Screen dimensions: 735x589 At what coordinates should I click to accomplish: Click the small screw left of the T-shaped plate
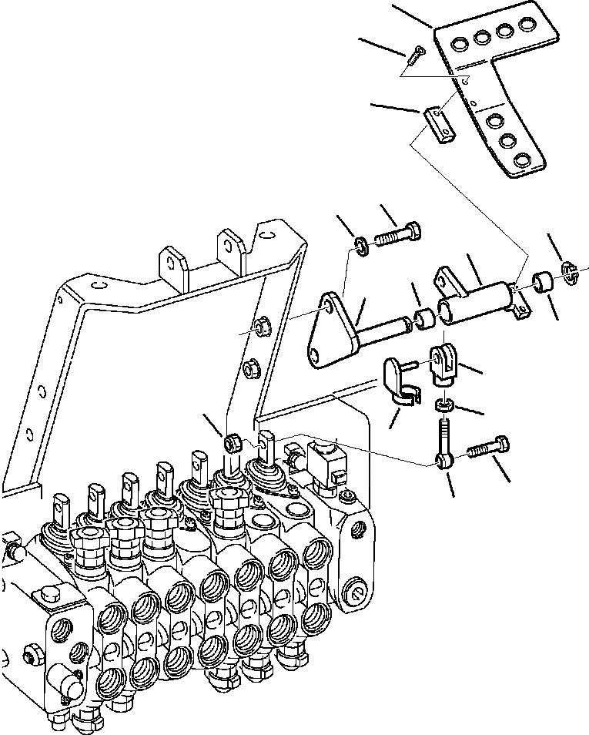pos(417,52)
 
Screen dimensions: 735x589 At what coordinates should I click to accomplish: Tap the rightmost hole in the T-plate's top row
pos(527,25)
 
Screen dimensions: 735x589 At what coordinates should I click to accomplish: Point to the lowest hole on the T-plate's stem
pos(523,159)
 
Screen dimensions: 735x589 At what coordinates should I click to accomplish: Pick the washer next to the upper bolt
pos(360,245)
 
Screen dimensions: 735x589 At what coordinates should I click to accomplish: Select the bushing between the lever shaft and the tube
pos(423,318)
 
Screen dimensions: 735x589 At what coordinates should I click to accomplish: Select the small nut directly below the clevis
pos(444,404)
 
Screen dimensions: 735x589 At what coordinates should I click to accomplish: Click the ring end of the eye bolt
pos(443,461)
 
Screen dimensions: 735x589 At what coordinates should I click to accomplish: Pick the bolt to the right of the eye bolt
pos(487,448)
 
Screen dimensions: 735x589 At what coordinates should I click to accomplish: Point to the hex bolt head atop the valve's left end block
pos(49,598)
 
